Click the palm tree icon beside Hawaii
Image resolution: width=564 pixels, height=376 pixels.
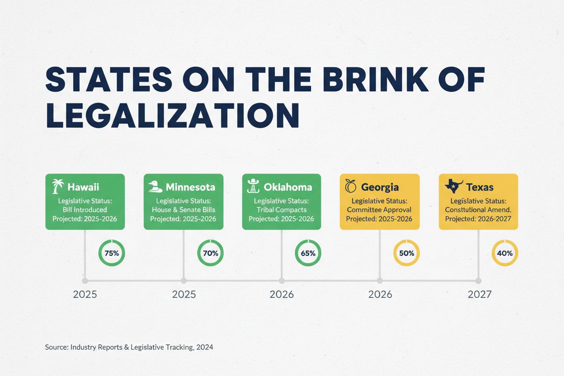(57, 186)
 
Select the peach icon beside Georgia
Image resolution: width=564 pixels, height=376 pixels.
(350, 186)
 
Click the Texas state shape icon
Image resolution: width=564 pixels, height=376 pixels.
(454, 186)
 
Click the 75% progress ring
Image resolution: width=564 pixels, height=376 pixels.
(112, 254)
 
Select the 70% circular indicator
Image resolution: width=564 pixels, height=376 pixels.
(211, 254)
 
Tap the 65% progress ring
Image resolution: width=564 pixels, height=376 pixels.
(308, 254)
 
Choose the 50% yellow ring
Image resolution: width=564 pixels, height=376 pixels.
(407, 254)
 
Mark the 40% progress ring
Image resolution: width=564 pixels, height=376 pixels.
(505, 254)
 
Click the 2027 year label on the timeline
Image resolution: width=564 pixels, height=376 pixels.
(479, 295)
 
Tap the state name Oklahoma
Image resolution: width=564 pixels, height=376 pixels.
(288, 187)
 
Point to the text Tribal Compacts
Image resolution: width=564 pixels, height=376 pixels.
(281, 210)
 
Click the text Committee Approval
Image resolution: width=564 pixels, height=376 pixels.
(379, 210)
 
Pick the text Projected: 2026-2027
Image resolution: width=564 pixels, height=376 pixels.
(478, 219)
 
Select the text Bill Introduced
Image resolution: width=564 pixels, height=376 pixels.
(85, 210)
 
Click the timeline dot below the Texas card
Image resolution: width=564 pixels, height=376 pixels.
(479, 281)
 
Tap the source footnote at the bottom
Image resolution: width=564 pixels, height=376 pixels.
(129, 347)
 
